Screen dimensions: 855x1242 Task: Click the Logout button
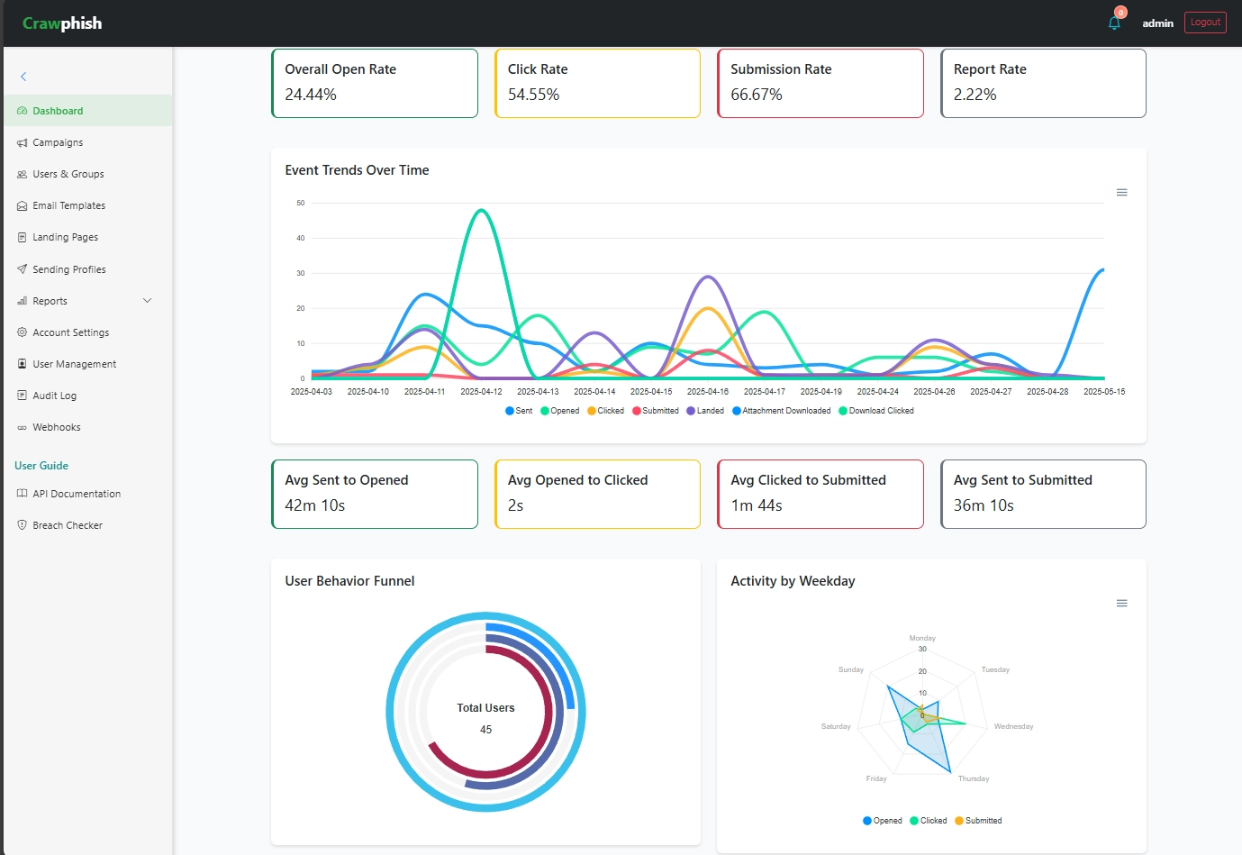(1204, 23)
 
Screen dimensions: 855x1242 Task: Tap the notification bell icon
(1114, 23)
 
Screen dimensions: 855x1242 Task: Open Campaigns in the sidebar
(58, 142)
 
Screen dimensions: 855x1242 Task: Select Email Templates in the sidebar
(68, 205)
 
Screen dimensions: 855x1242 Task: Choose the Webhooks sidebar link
(56, 427)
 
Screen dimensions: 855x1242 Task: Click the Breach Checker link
(67, 525)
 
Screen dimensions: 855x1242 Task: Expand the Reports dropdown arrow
(148, 301)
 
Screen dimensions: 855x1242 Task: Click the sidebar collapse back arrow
(23, 77)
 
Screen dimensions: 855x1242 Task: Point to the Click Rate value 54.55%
(533, 95)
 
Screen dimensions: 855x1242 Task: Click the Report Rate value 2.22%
(975, 95)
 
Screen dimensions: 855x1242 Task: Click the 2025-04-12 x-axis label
(481, 392)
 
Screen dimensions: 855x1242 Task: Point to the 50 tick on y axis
(301, 204)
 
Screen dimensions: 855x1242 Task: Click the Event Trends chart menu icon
(1121, 193)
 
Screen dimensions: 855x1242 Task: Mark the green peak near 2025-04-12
(483, 210)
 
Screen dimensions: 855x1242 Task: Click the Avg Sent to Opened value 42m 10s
(314, 505)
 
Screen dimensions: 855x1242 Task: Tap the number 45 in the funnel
(485, 730)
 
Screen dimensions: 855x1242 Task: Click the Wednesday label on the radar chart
(1013, 726)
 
